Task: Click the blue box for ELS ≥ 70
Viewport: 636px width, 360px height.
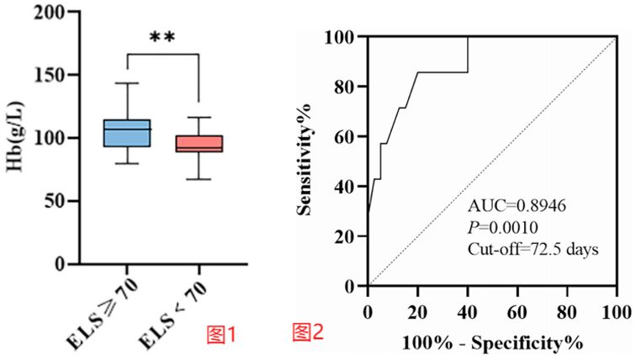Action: coord(126,133)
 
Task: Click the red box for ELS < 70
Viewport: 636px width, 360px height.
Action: coord(197,143)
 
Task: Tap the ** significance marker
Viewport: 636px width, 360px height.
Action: coord(162,38)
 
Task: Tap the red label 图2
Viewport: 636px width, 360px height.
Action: coord(308,333)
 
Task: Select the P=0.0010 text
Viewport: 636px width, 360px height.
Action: coord(501,229)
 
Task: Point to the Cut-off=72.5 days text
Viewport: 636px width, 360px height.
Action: coord(533,249)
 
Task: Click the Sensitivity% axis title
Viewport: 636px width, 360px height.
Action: coord(308,160)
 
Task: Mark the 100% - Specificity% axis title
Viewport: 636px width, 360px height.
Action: coord(490,343)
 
